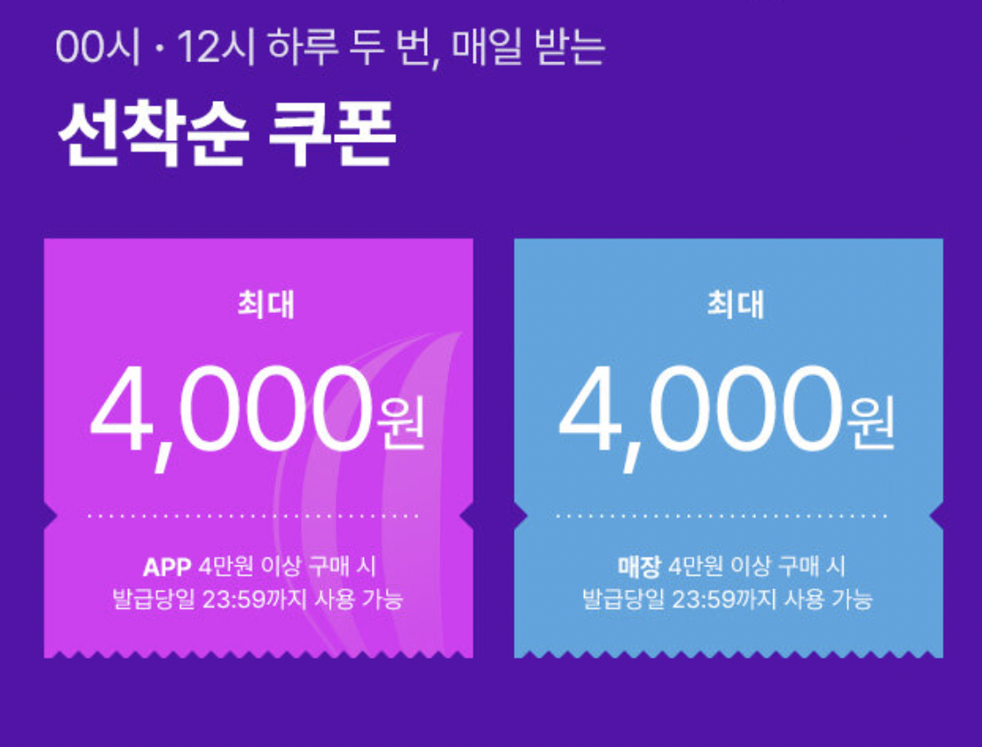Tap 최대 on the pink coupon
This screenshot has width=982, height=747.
click(x=265, y=305)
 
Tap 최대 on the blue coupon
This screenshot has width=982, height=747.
click(x=735, y=305)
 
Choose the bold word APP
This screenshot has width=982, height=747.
click(x=167, y=566)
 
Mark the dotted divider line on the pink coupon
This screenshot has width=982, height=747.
click(x=258, y=516)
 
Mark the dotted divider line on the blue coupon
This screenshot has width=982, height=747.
click(x=728, y=516)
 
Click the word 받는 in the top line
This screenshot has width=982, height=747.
click(x=574, y=48)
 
